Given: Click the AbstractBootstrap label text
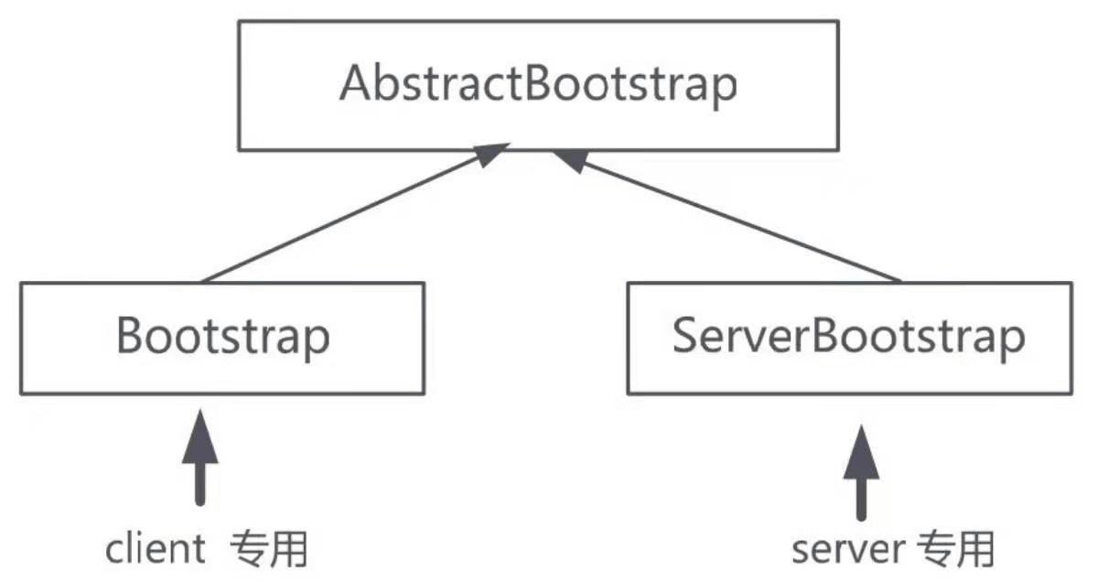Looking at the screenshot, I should tap(538, 86).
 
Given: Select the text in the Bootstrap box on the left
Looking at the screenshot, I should tap(222, 338).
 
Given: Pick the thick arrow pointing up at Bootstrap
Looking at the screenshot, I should tap(199, 457).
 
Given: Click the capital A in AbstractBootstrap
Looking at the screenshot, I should tap(353, 86).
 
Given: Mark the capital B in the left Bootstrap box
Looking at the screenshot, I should tap(129, 338).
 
